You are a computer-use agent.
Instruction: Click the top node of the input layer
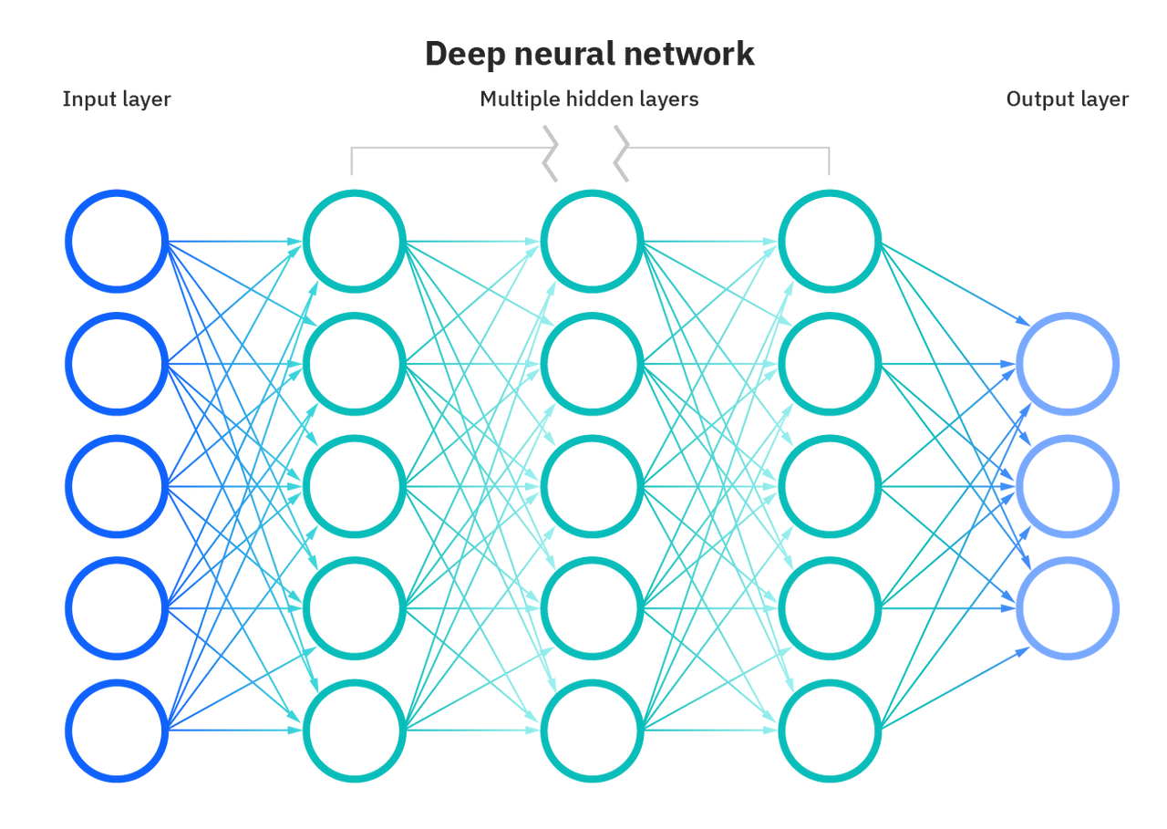(117, 242)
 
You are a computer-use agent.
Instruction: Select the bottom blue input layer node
(117, 731)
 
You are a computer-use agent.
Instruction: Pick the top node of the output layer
(1068, 364)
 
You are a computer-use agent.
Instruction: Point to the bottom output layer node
(1068, 607)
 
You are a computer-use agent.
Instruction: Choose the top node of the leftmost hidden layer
(354, 242)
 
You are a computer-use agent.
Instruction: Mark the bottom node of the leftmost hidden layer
(354, 731)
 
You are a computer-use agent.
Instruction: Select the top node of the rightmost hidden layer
(830, 242)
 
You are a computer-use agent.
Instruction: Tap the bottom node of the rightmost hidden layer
(830, 731)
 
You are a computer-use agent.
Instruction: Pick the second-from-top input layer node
(117, 364)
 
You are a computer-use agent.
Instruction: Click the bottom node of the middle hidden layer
(592, 731)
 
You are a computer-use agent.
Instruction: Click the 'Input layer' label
(117, 99)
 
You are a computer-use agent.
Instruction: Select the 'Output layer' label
(1068, 99)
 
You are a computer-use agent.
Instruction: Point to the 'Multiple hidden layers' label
(590, 99)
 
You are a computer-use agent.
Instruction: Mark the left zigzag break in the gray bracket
(550, 152)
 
